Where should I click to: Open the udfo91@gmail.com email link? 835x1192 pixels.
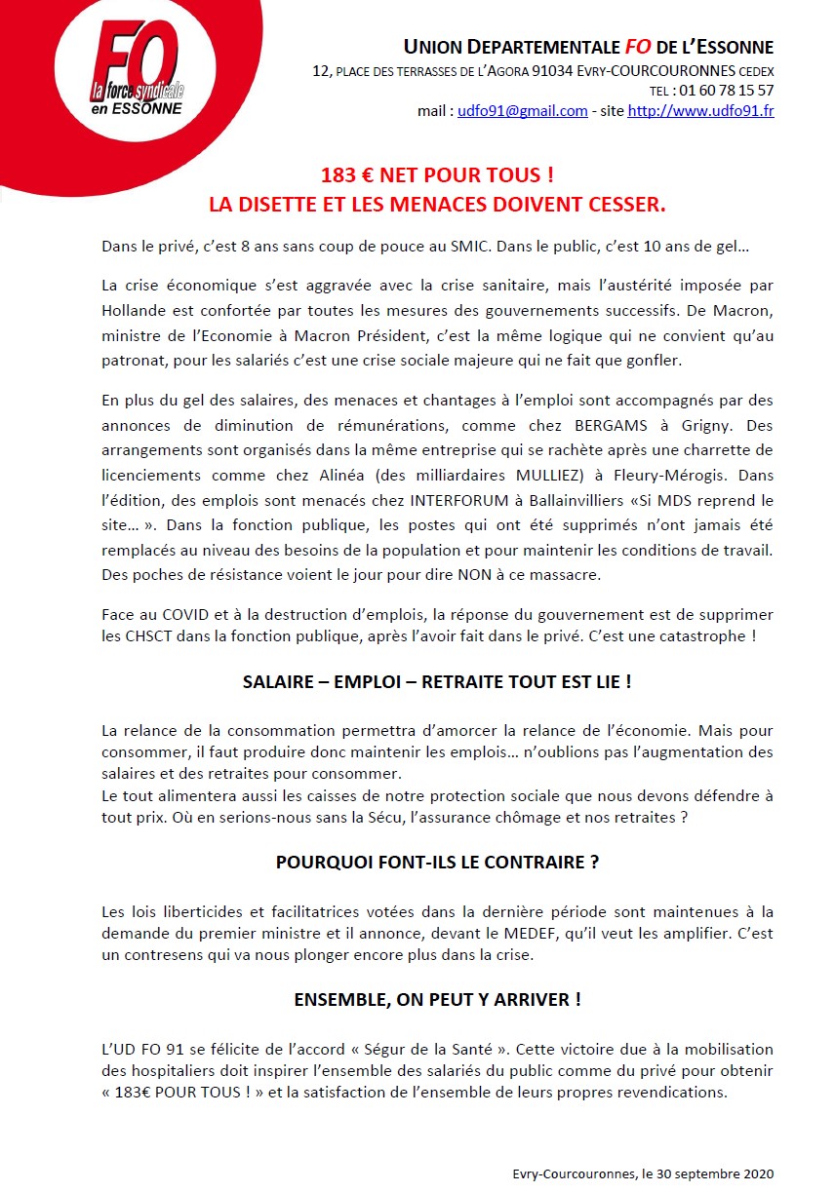(523, 111)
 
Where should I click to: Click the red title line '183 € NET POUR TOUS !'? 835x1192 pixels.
(437, 176)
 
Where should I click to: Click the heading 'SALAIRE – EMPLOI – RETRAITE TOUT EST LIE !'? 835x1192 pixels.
(437, 682)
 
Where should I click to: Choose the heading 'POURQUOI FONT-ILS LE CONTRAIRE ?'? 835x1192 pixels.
(437, 863)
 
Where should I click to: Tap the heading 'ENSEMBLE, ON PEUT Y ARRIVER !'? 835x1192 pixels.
(437, 999)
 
